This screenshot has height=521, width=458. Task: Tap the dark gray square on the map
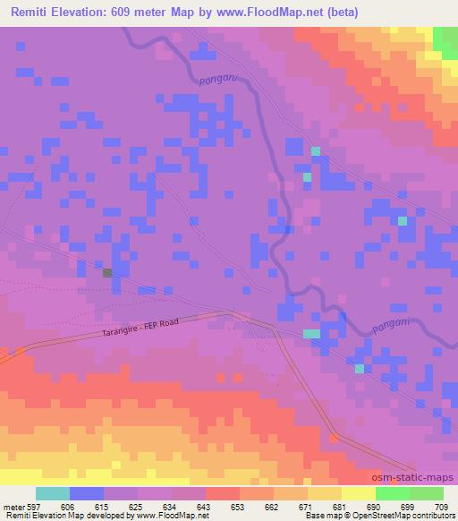tap(107, 273)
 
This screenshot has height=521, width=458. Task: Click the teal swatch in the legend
tap(53, 493)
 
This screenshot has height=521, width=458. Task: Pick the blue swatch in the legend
tap(87, 493)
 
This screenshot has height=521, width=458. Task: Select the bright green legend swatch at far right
tap(427, 493)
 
